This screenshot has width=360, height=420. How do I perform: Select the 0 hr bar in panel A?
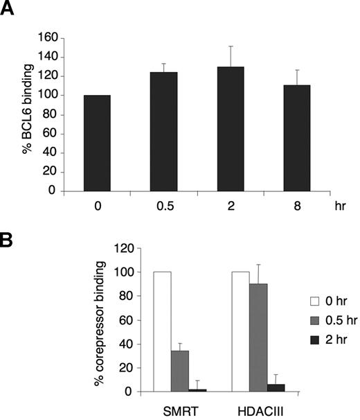pyautogui.click(x=97, y=143)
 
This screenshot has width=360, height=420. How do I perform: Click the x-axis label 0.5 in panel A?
pyautogui.click(x=163, y=207)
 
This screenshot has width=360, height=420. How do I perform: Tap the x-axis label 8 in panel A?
pyautogui.click(x=296, y=207)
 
